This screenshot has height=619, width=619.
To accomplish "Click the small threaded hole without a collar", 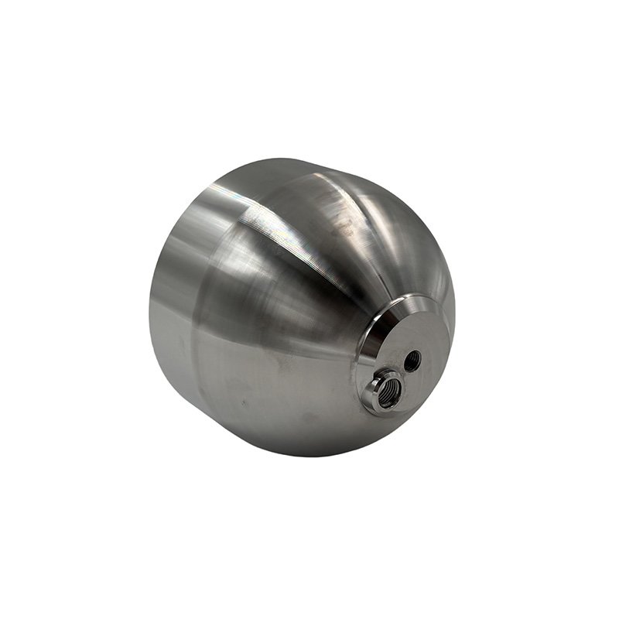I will (413, 359).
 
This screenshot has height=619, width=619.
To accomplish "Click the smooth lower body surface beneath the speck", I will (263, 429).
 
